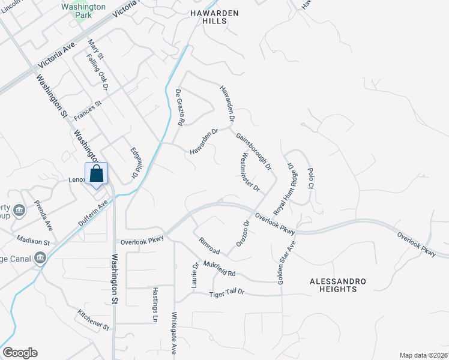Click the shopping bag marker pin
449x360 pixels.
pyautogui.click(x=96, y=175)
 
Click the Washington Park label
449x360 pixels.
pyautogui.click(x=83, y=11)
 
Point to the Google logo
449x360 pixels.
pyautogui.click(x=20, y=353)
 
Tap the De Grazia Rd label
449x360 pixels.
pyautogui.click(x=179, y=106)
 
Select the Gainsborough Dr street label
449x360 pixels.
pyautogui.click(x=253, y=150)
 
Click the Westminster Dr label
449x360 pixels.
pyautogui.click(x=249, y=172)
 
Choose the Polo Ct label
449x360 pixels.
pyautogui.click(x=310, y=179)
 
